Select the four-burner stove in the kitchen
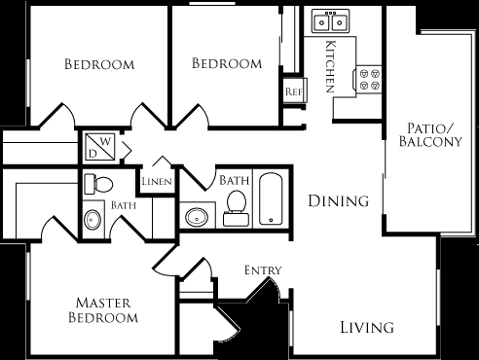point(368,78)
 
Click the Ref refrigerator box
point(293,91)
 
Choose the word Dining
point(338,201)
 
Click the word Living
point(367,327)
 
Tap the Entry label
point(263,270)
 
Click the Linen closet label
point(157,182)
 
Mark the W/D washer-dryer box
point(101,146)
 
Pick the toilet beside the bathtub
point(235,206)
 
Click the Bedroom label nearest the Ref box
point(226,63)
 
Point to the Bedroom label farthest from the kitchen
point(98,65)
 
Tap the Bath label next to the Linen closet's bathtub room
point(233,180)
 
